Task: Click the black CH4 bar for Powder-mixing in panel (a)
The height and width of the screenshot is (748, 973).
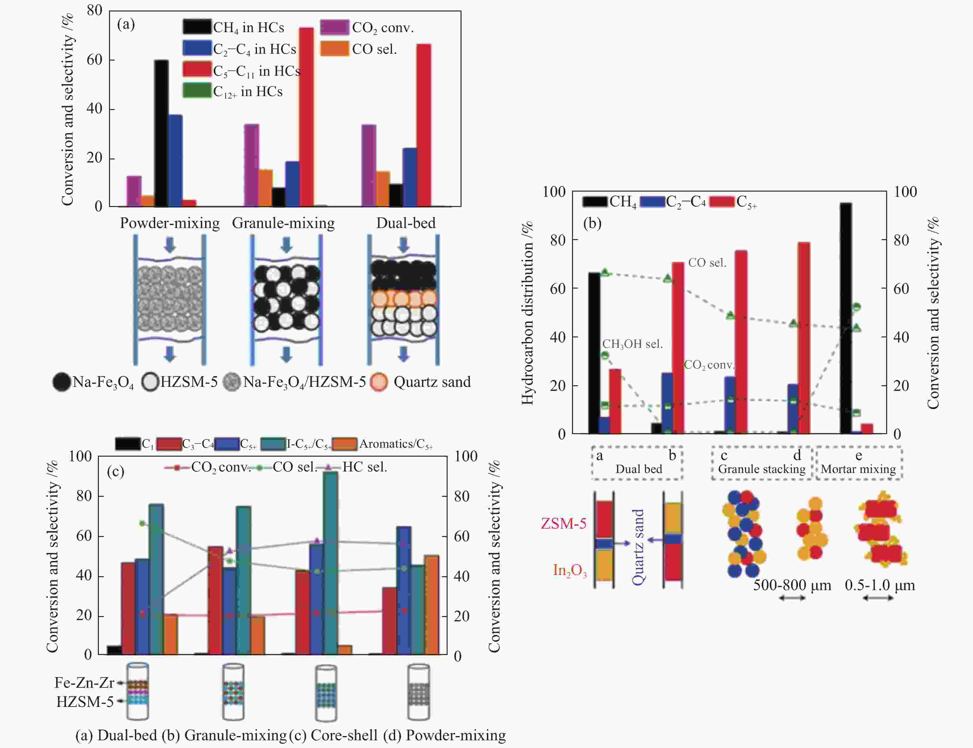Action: pyautogui.click(x=161, y=133)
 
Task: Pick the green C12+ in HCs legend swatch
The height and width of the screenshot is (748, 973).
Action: pyautogui.click(x=197, y=91)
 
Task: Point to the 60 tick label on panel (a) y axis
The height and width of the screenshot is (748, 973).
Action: pyautogui.click(x=94, y=60)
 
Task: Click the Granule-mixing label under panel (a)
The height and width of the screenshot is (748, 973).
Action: pyautogui.click(x=283, y=223)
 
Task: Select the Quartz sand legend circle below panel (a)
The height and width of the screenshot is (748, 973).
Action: pyautogui.click(x=379, y=382)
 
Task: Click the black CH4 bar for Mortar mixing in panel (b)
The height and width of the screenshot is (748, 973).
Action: pyautogui.click(x=846, y=318)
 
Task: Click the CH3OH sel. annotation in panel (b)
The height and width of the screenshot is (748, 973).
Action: pyautogui.click(x=632, y=344)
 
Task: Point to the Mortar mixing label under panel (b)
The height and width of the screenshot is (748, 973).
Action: pyautogui.click(x=858, y=469)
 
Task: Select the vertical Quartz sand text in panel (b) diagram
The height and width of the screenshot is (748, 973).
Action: pyautogui.click(x=638, y=547)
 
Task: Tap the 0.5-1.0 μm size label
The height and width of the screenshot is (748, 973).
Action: pyautogui.click(x=879, y=585)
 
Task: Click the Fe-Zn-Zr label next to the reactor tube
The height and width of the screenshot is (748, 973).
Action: pyautogui.click(x=84, y=682)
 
